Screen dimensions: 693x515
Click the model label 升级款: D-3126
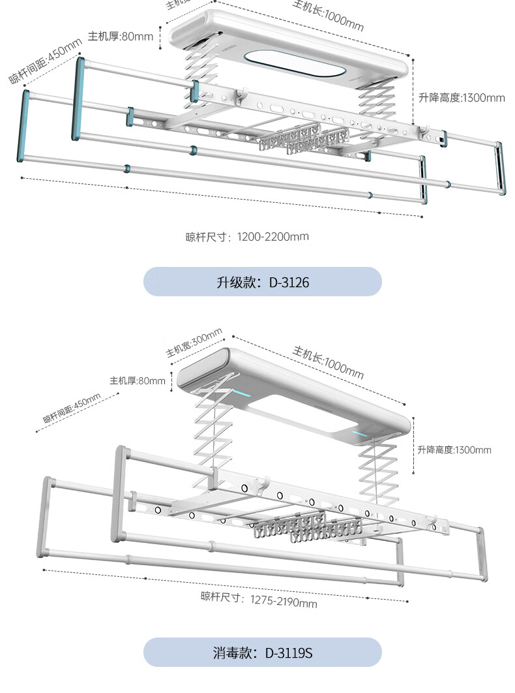pyautogui.click(x=262, y=283)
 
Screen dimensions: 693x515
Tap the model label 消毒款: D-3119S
pyautogui.click(x=262, y=653)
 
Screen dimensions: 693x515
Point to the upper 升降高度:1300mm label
pyautogui.click(x=462, y=98)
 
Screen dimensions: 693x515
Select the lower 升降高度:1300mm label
pyautogui.click(x=454, y=450)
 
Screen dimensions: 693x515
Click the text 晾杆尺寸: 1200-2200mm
pyautogui.click(x=247, y=236)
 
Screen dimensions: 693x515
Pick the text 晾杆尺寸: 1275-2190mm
pyautogui.click(x=259, y=599)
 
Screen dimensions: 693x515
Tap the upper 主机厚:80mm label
pyautogui.click(x=121, y=36)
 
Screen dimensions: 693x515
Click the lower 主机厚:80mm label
pyautogui.click(x=138, y=380)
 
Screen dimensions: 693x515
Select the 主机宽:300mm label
pyautogui.click(x=194, y=343)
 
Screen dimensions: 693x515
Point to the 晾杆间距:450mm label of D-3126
pyautogui.click(x=46, y=61)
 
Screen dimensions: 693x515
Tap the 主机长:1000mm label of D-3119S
pyautogui.click(x=328, y=362)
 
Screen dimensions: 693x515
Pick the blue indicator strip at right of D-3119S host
pyautogui.click(x=360, y=433)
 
